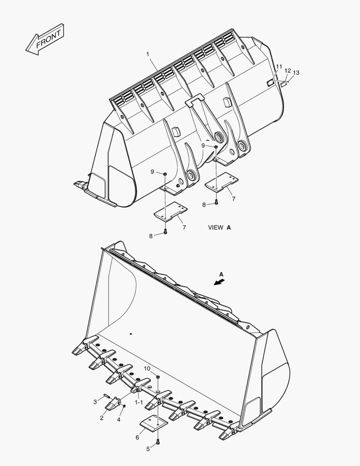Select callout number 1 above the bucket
point(147,54)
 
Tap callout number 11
point(279,67)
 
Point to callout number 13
point(296,72)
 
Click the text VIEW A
point(219,227)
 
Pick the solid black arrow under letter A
point(219,282)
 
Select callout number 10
point(147,369)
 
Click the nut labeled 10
point(158,377)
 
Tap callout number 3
point(95,402)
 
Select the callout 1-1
point(139,402)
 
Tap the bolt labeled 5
point(158,441)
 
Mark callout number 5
point(147,449)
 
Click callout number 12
point(288,70)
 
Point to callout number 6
point(137,438)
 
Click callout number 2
point(102,418)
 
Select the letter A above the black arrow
point(221,274)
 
